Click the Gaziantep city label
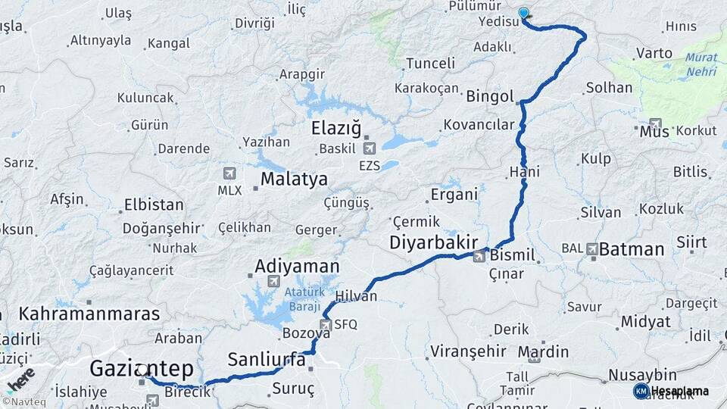[141, 369]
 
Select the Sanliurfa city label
[267, 359]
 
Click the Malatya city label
[294, 180]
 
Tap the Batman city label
[632, 248]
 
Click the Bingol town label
[490, 97]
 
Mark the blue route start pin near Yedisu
[523, 13]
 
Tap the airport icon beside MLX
[229, 174]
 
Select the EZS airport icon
[370, 147]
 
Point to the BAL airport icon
[592, 248]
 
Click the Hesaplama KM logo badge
[641, 391]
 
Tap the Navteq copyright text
[27, 403]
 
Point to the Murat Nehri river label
[701, 65]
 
